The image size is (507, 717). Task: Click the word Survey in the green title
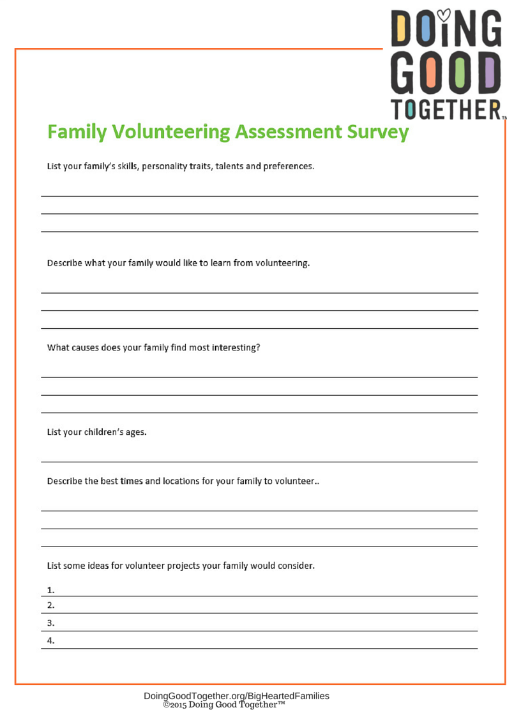pyautogui.click(x=377, y=132)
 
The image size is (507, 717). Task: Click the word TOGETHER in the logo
pyautogui.click(x=444, y=110)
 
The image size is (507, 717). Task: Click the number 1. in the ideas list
pyautogui.click(x=51, y=589)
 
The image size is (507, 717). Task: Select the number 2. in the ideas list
pyautogui.click(x=51, y=605)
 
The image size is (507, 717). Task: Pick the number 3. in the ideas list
pyautogui.click(x=51, y=623)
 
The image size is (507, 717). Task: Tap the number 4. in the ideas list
pyautogui.click(x=51, y=640)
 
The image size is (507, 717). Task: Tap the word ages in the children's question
pyautogui.click(x=135, y=432)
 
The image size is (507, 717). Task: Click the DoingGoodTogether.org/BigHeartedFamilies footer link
pyautogui.click(x=236, y=696)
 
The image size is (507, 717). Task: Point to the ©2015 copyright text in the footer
pyautogui.click(x=223, y=705)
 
